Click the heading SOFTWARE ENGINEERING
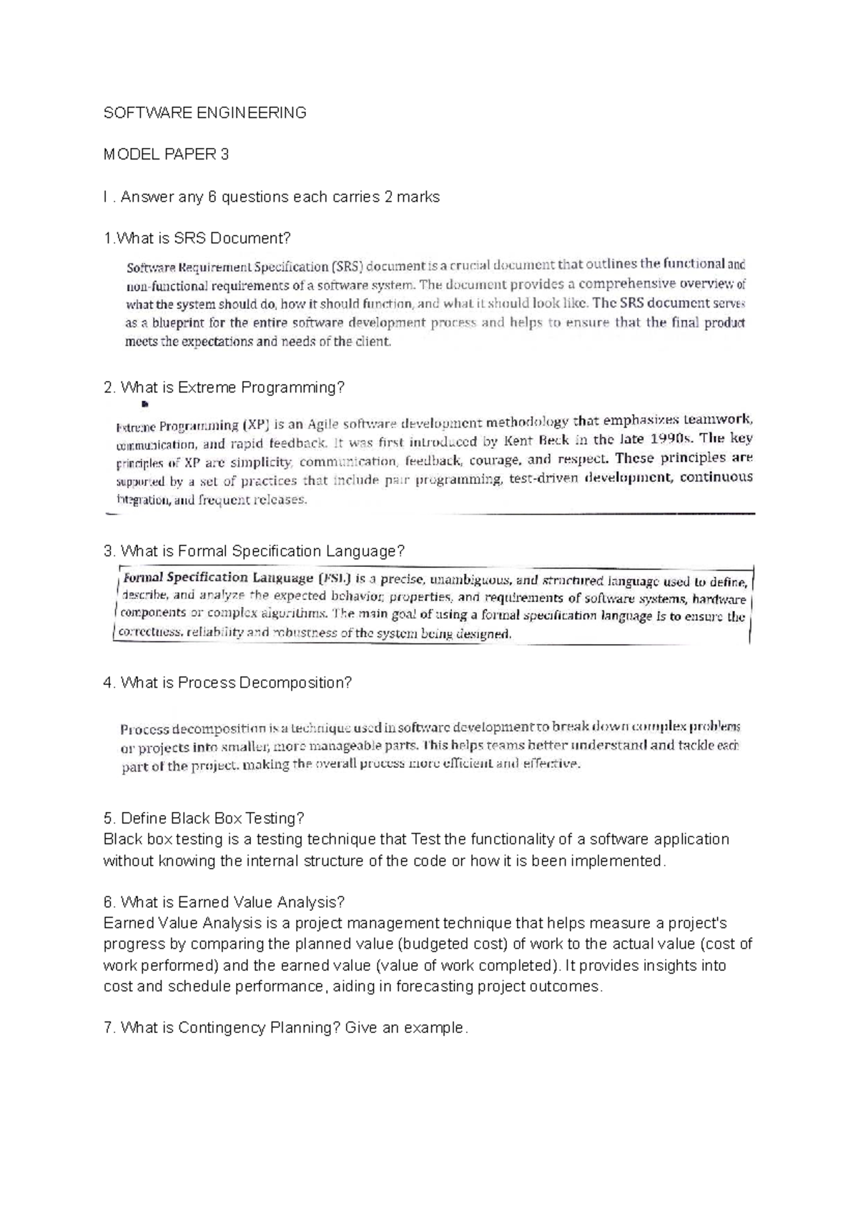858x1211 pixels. [x=204, y=112]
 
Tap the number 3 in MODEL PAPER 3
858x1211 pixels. [x=225, y=154]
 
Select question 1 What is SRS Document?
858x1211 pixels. [x=197, y=238]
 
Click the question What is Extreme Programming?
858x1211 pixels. [x=224, y=387]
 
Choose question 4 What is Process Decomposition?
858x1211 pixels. [x=227, y=683]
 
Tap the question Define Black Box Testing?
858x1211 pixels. [x=204, y=818]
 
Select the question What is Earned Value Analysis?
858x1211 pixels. [x=224, y=902]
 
